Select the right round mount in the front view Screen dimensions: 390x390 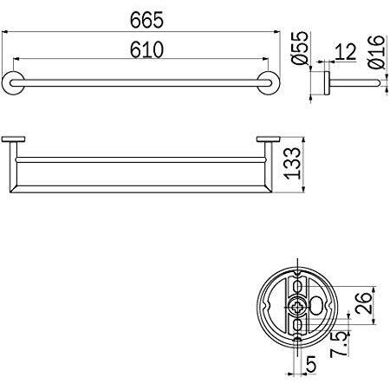click(272, 83)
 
